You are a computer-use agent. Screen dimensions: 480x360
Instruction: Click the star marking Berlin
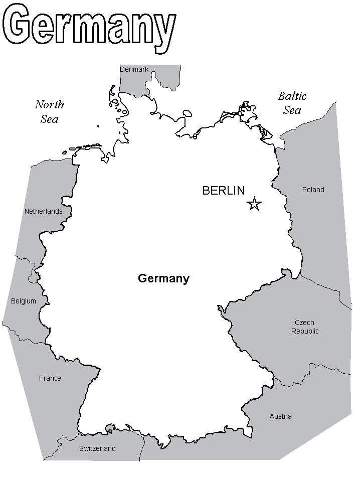click(x=254, y=204)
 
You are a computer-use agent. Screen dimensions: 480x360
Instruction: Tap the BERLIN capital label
click(x=223, y=191)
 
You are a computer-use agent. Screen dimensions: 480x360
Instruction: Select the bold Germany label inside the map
click(x=163, y=278)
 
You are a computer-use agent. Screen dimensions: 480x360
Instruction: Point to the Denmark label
click(x=134, y=69)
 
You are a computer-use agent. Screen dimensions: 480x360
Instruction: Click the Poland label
click(x=313, y=190)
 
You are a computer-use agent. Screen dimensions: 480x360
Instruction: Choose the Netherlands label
click(x=44, y=211)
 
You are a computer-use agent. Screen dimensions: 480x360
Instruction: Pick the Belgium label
click(x=24, y=301)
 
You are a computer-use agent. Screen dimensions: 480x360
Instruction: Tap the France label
click(x=50, y=378)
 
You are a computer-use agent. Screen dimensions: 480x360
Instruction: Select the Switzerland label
click(x=97, y=448)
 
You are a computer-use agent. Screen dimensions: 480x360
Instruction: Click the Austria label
click(x=280, y=416)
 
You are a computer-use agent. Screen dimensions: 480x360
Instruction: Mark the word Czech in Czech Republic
click(x=304, y=323)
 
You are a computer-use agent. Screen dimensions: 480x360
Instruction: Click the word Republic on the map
click(x=305, y=331)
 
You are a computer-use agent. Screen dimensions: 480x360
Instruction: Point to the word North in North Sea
click(x=49, y=105)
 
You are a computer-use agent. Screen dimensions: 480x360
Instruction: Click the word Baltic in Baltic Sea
click(x=292, y=96)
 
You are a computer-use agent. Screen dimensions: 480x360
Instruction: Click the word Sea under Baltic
click(x=292, y=110)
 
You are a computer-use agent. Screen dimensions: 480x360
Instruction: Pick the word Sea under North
click(x=50, y=119)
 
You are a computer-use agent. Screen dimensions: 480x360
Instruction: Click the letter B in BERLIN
click(x=206, y=191)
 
